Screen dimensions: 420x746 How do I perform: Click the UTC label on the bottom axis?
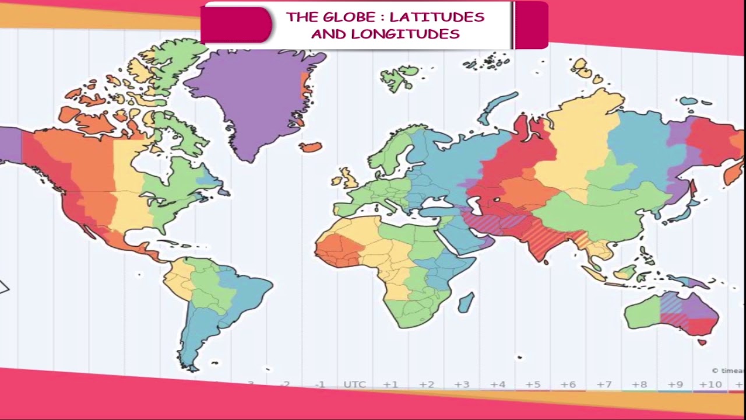354,384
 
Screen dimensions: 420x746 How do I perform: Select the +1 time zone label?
390,384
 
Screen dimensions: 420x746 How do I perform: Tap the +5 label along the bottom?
533,384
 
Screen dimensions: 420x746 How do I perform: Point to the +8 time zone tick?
639,384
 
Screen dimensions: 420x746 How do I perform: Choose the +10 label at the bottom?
710,384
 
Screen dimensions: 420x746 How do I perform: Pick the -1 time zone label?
319,384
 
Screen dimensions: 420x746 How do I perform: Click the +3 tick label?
462,384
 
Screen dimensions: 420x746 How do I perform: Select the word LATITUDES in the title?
437,17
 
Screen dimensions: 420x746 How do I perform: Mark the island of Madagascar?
466,302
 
